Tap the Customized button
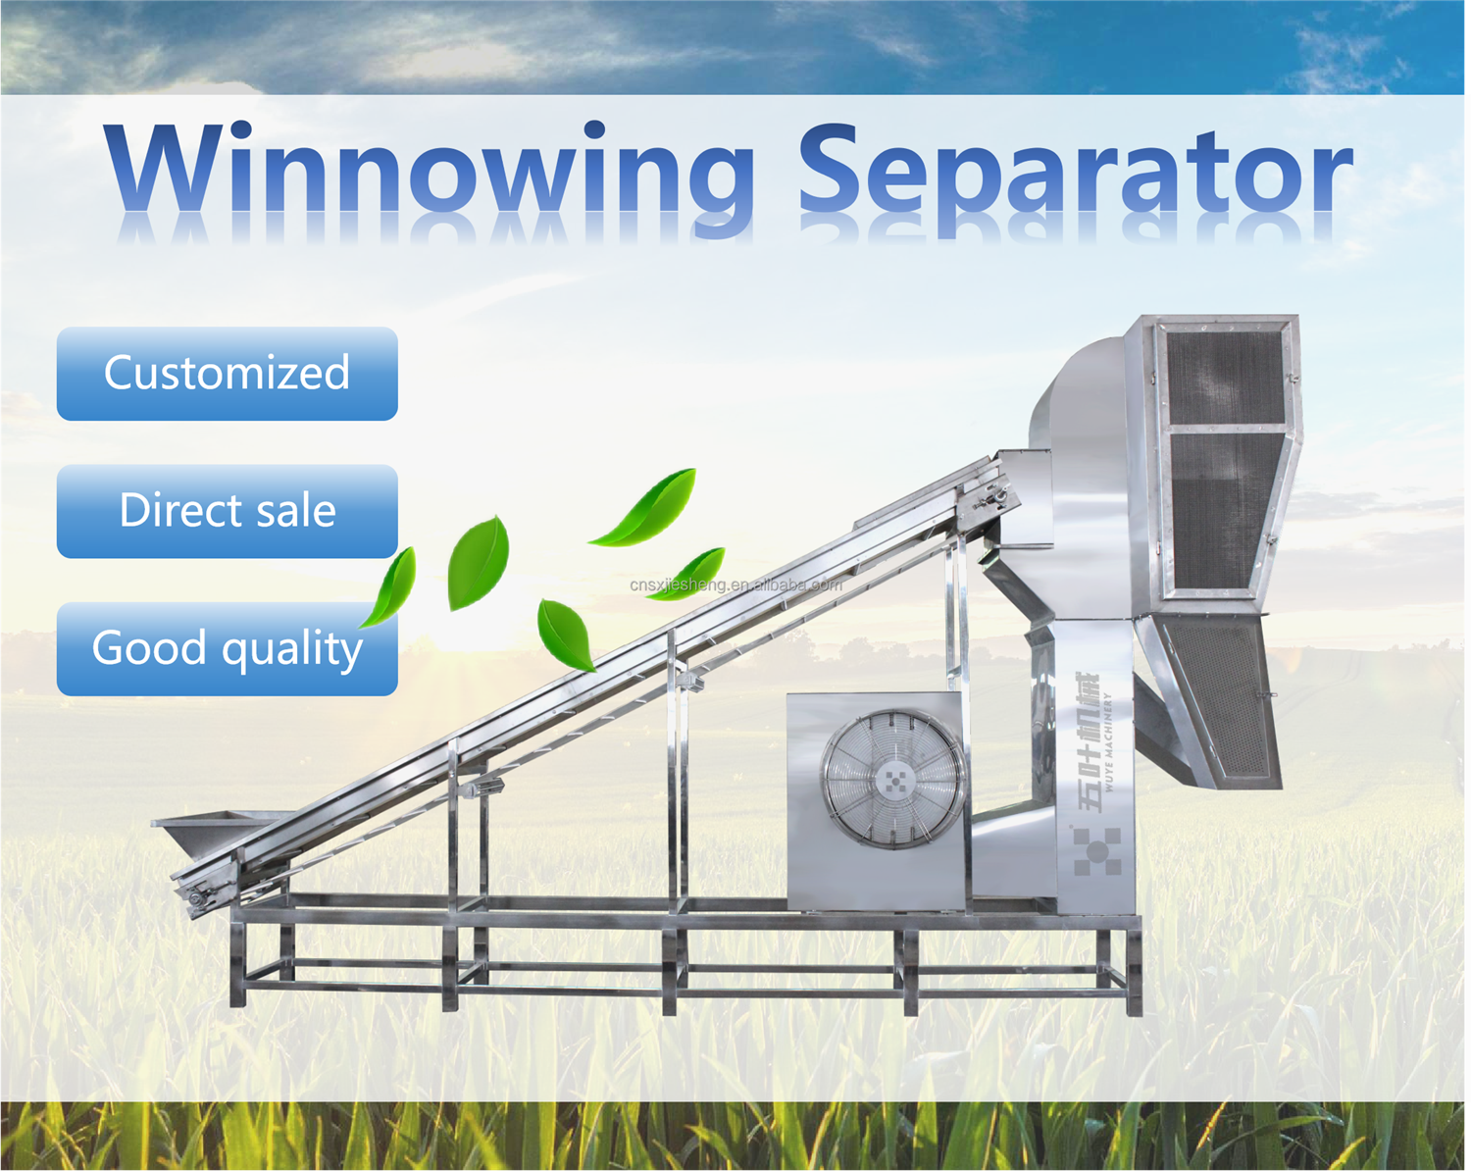pos(227,374)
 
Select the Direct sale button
pos(227,511)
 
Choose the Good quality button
pos(227,648)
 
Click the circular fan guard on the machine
pos(893,780)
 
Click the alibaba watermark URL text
pos(736,585)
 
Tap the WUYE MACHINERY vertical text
pos(1108,741)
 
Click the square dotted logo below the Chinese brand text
pos(1097,851)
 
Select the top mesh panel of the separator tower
pos(1225,378)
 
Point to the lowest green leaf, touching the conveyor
pos(565,635)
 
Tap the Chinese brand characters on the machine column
pos(1089,741)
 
